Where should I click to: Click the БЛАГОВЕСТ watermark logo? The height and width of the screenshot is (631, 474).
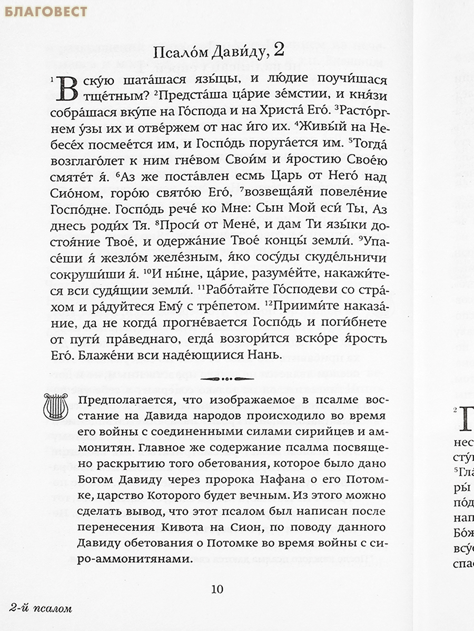44,11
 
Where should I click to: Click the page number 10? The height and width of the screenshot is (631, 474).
217,588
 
